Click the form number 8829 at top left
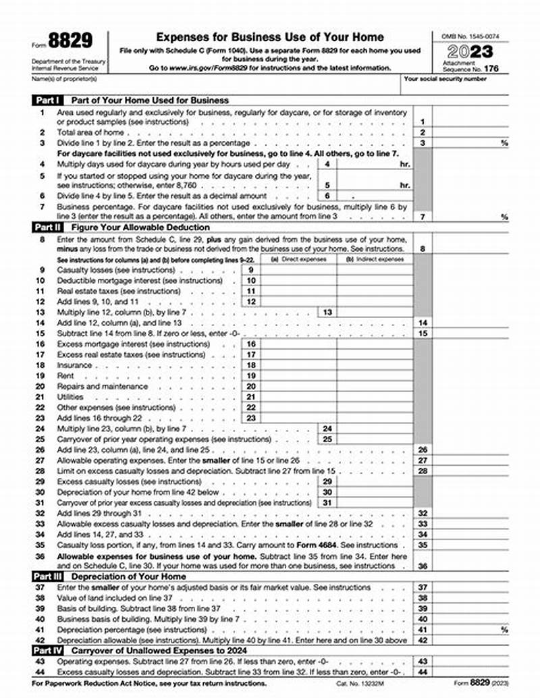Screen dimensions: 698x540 (70, 42)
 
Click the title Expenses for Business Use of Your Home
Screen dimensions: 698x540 (270, 37)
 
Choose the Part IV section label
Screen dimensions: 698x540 (48, 649)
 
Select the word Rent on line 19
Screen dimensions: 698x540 (65, 375)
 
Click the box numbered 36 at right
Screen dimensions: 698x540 (423, 566)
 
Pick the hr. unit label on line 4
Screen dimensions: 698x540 (405, 164)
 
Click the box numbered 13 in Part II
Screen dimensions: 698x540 (327, 313)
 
